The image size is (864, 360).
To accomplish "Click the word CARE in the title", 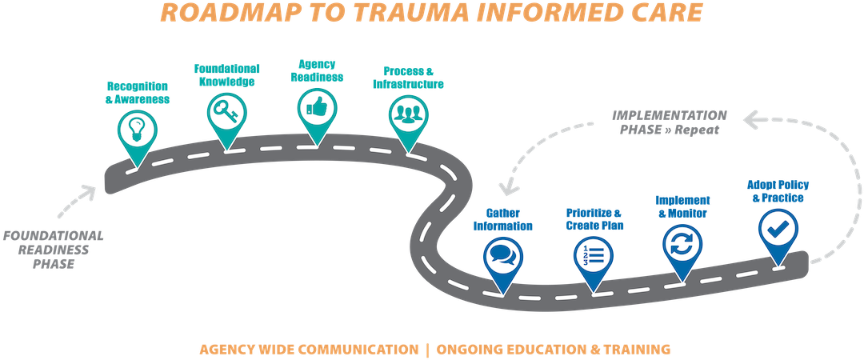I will [x=664, y=13].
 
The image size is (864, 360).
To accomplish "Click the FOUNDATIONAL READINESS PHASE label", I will [x=53, y=250].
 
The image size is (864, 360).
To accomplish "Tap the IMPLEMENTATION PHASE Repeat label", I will [x=670, y=122].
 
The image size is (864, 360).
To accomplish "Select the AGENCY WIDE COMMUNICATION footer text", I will [x=308, y=350].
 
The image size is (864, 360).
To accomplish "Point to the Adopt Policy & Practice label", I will [x=777, y=191].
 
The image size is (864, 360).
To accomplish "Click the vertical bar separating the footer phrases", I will [x=428, y=350].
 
